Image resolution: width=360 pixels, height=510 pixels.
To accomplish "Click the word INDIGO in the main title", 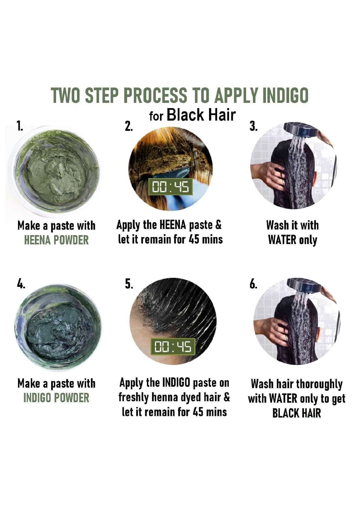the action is tap(285, 95).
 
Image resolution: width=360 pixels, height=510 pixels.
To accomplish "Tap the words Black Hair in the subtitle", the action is tap(201, 115).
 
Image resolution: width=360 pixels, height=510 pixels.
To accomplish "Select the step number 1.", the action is tap(19, 126).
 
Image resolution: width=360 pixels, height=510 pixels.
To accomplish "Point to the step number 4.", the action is tap(21, 284).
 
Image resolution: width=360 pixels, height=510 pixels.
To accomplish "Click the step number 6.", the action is tap(253, 284).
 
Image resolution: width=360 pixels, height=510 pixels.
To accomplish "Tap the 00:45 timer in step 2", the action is tap(171, 187).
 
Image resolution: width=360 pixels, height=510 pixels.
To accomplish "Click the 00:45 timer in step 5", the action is tap(173, 346).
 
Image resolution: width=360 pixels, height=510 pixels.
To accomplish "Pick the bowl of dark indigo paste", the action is tap(58, 327).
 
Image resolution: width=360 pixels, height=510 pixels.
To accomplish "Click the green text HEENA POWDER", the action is tap(56, 240).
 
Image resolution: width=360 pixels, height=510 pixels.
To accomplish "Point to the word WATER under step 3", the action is tap(282, 240).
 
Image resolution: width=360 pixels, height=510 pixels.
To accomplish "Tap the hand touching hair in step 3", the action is tap(268, 174).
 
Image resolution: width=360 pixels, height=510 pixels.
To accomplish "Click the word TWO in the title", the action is tap(65, 95).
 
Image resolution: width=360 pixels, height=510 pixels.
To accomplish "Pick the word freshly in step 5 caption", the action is tap(134, 398).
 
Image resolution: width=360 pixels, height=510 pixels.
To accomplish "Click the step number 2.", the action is tap(129, 126).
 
